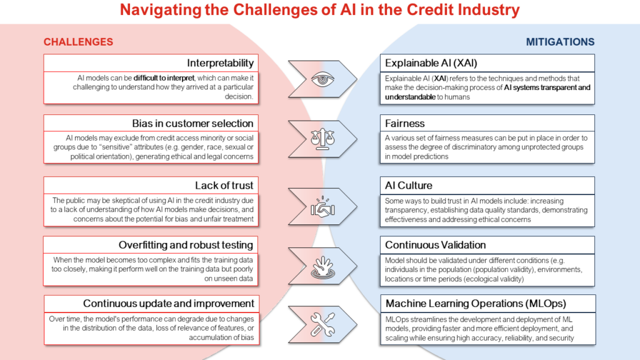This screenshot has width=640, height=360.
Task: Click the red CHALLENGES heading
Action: (x=78, y=42)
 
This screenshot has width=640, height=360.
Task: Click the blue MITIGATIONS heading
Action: (x=560, y=42)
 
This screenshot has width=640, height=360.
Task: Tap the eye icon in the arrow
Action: (x=322, y=79)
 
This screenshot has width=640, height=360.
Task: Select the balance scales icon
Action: (x=322, y=139)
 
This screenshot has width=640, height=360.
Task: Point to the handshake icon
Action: (x=322, y=206)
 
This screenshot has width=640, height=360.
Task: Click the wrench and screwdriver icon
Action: (x=322, y=324)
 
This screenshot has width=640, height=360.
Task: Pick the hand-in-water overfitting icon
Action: (x=323, y=267)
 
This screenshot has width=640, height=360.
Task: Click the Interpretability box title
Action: (x=221, y=63)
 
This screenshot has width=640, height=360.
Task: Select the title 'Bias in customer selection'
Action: (x=192, y=123)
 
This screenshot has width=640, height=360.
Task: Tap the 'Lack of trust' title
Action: (x=224, y=185)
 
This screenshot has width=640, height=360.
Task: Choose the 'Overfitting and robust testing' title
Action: (x=186, y=245)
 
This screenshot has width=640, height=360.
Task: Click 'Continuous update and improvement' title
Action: (x=169, y=304)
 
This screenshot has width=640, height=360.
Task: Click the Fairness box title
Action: (x=405, y=123)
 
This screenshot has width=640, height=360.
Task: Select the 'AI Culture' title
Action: (x=409, y=185)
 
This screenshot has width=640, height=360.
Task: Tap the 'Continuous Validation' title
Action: (x=436, y=245)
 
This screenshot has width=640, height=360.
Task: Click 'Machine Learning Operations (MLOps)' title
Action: (x=476, y=304)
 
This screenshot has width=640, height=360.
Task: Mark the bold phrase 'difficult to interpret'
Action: (x=164, y=78)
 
